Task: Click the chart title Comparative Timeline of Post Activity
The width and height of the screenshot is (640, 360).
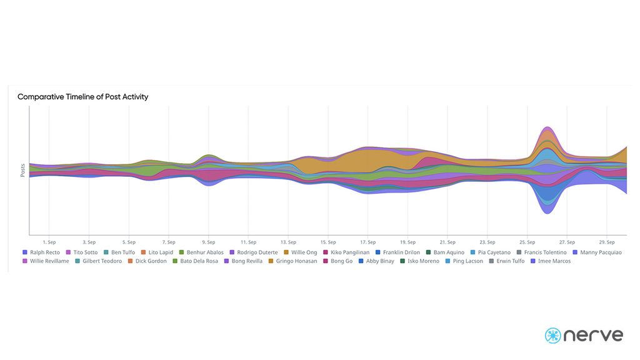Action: (x=82, y=97)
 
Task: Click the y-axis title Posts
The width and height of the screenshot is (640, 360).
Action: (x=23, y=170)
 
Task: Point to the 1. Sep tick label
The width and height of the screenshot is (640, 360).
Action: (x=49, y=242)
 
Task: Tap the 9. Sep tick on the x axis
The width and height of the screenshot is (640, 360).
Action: (x=208, y=242)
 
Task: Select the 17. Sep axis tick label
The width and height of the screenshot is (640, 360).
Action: (x=367, y=242)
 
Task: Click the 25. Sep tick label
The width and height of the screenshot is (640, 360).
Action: (x=527, y=242)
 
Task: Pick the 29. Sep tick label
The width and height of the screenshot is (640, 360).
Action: (x=607, y=242)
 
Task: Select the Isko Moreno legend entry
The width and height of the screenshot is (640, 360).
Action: (x=423, y=261)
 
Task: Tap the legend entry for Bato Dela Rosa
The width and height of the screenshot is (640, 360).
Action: (x=199, y=261)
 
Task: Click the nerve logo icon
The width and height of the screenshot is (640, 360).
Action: (x=553, y=335)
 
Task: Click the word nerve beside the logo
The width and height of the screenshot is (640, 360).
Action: (x=594, y=336)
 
